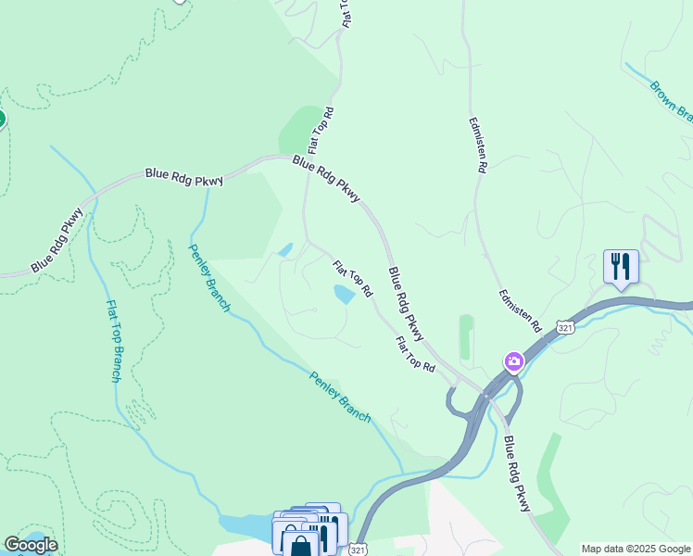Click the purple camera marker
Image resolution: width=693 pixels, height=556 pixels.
pos(513,360)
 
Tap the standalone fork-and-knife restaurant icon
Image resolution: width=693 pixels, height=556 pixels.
pos(619,266)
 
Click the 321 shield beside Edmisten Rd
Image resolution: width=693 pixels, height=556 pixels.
pos(564,327)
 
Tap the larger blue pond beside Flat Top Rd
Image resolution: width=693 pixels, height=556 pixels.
pos(344,295)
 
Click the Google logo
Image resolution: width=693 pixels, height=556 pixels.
pos(31,545)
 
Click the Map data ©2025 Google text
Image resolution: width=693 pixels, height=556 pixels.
pos(636,549)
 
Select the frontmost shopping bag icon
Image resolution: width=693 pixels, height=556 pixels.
pos(300,542)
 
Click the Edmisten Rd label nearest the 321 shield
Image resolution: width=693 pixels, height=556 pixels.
pos(520,310)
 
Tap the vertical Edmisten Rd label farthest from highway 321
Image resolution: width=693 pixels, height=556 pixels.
pos(478,145)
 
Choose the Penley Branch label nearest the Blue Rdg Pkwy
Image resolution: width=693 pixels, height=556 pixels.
pos(209,277)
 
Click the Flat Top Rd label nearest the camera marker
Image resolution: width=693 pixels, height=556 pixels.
pos(415,354)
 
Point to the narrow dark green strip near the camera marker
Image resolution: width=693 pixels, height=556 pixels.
pos(465,336)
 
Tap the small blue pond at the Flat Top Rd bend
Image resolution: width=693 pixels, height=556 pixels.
pos(285,249)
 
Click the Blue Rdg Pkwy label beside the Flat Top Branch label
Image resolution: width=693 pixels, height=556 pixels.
pos(57,240)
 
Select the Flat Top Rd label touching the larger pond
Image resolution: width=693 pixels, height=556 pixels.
pos(352,278)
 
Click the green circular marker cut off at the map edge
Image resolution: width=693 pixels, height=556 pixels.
pos(2,119)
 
